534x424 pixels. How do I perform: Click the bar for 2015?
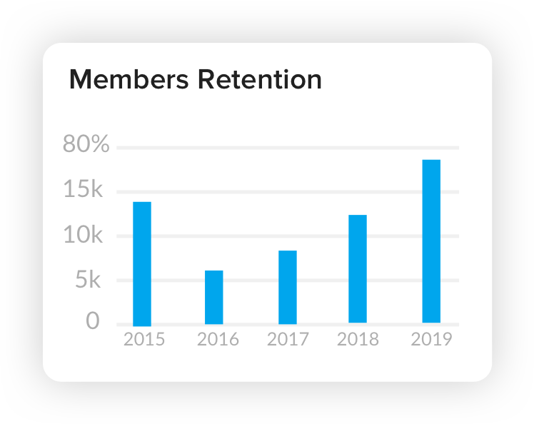(142, 263)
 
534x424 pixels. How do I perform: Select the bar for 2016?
(214, 297)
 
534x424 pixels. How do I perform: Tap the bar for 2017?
(288, 287)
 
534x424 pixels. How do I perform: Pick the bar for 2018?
(358, 269)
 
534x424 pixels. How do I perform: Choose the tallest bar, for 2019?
(431, 241)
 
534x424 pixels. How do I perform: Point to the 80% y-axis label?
(86, 145)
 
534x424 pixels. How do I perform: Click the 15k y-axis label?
(84, 190)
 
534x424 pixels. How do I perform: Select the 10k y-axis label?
(84, 235)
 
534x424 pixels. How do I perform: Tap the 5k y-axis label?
(89, 280)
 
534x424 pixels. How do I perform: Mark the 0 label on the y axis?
(93, 322)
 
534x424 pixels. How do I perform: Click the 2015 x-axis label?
(144, 339)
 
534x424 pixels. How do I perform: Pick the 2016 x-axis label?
(218, 339)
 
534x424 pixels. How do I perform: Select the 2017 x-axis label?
(288, 339)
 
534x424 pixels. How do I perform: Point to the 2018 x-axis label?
(358, 339)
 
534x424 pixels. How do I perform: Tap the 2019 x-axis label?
(432, 339)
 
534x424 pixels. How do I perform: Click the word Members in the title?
(129, 79)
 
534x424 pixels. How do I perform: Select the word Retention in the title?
(259, 79)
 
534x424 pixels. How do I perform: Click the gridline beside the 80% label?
(286, 148)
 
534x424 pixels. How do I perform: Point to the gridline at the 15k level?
(286, 192)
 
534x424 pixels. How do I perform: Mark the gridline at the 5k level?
(321, 281)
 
